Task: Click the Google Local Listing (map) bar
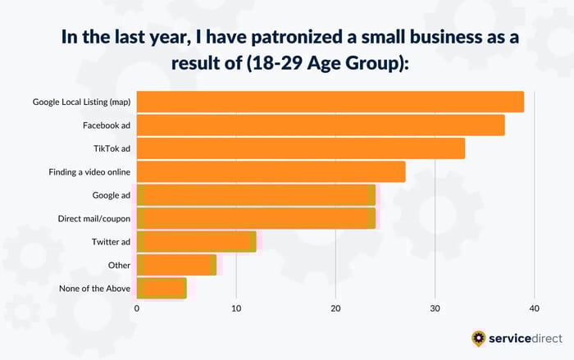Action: click(330, 102)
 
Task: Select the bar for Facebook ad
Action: click(321, 125)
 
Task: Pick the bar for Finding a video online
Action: click(271, 171)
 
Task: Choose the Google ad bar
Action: click(256, 195)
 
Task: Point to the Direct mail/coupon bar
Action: click(256, 218)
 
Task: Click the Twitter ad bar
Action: click(196, 241)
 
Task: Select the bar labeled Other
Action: click(176, 265)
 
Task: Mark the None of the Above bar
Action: click(162, 288)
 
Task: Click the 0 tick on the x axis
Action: click(137, 308)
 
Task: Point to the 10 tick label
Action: click(236, 308)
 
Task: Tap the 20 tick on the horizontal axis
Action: click(335, 308)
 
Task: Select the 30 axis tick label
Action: click(435, 308)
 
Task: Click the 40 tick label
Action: click(534, 308)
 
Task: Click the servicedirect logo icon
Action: click(478, 337)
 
